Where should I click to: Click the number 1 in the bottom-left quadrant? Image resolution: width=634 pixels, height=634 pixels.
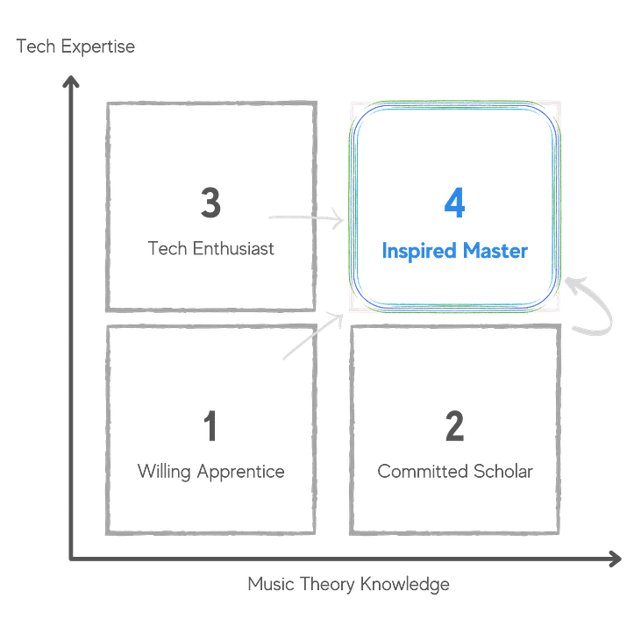click(210, 427)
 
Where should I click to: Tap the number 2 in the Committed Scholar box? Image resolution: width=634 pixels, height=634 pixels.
click(454, 427)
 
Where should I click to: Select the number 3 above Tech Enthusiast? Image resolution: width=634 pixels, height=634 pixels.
click(210, 204)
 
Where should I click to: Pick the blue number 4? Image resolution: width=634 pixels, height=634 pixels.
click(454, 204)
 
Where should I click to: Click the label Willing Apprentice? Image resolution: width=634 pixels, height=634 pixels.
click(210, 472)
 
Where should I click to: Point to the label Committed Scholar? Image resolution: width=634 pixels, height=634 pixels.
click(454, 472)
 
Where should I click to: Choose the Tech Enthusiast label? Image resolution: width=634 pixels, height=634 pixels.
click(210, 249)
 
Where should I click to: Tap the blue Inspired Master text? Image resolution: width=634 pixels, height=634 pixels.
click(454, 252)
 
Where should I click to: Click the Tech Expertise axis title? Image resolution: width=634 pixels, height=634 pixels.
click(75, 46)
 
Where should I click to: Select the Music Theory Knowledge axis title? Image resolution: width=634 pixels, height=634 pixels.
click(348, 583)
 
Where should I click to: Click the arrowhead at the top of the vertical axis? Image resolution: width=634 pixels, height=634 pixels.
click(72, 85)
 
